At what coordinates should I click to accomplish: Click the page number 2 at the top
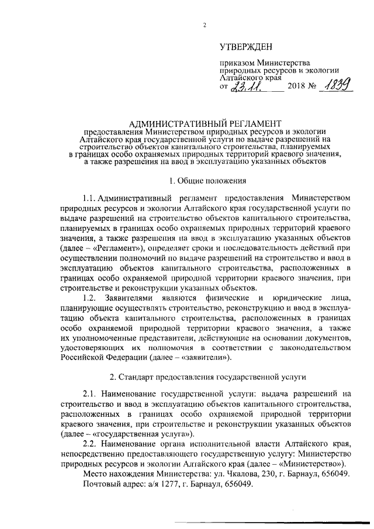tap(205, 25)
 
